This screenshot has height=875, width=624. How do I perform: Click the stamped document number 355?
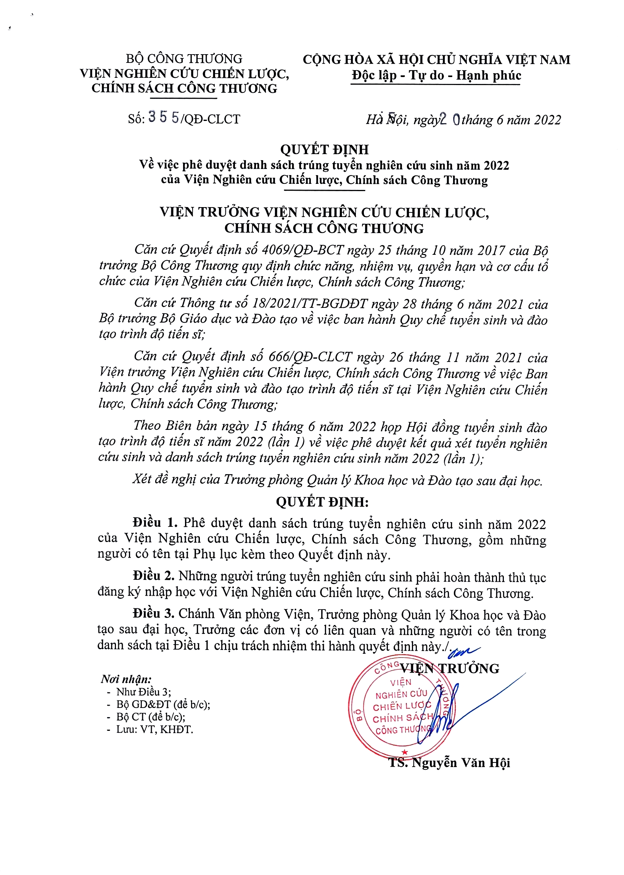click(x=164, y=117)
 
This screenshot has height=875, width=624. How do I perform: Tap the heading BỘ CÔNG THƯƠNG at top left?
click(x=184, y=59)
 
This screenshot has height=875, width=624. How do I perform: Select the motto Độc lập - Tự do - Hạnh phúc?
click(x=436, y=75)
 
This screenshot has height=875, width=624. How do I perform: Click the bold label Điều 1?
click(x=155, y=523)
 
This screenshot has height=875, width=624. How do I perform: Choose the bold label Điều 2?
click(x=154, y=576)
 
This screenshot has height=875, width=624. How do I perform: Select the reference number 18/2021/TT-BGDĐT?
click(x=304, y=304)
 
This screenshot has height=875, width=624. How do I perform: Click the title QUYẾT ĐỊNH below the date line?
click(x=324, y=150)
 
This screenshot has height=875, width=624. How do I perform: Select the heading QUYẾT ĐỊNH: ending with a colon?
click(x=322, y=502)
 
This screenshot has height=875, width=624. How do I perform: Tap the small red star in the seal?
click(x=404, y=752)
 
